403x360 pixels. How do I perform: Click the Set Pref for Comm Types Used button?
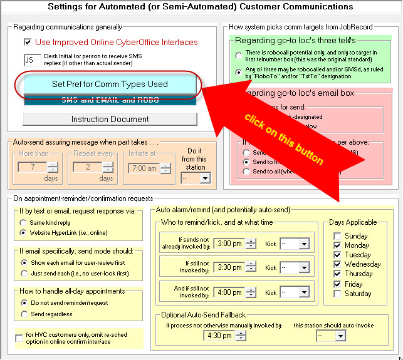pyautogui.click(x=110, y=84)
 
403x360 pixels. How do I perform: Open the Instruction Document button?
pyautogui.click(x=110, y=119)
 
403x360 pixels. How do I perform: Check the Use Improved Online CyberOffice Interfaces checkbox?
pyautogui.click(x=28, y=43)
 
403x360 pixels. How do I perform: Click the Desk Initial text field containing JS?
pyautogui.click(x=31, y=60)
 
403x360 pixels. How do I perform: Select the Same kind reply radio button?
pyautogui.click(x=24, y=223)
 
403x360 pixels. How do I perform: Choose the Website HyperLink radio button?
pyautogui.click(x=24, y=233)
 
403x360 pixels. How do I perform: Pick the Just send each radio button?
pyautogui.click(x=24, y=273)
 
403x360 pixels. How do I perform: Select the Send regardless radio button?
pyautogui.click(x=24, y=314)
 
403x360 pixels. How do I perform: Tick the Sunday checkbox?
pyautogui.click(x=338, y=236)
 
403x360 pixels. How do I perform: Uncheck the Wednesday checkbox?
pyautogui.click(x=338, y=264)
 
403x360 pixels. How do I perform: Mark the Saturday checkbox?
pyautogui.click(x=338, y=294)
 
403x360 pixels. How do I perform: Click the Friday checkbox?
pyautogui.click(x=338, y=284)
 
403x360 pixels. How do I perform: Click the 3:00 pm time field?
pyautogui.click(x=229, y=244)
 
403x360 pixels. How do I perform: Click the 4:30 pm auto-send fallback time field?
pyautogui.click(x=219, y=336)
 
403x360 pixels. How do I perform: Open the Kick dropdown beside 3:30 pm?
pyautogui.click(x=295, y=267)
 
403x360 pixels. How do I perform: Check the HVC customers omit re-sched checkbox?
pyautogui.click(x=19, y=338)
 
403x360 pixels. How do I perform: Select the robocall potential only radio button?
pyautogui.click(x=239, y=56)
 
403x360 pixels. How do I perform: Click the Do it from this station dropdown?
pyautogui.click(x=195, y=178)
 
